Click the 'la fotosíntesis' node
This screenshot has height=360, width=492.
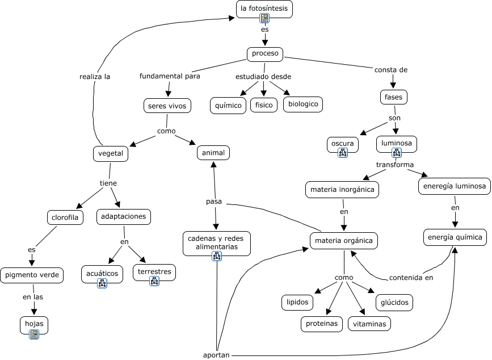264,9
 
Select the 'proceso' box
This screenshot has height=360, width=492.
265,54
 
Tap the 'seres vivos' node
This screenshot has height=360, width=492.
167,106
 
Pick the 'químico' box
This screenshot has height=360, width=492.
228,105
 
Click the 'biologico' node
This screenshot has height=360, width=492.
303,104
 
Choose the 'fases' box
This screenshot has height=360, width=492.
393,97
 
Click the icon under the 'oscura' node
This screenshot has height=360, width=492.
342,152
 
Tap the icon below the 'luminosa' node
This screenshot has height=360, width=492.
397,152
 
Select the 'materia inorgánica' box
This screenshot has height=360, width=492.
343,190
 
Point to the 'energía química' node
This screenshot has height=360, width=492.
455,237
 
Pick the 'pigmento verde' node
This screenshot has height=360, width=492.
32,275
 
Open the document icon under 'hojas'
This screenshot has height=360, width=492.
34,334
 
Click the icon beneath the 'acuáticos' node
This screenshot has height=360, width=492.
102,283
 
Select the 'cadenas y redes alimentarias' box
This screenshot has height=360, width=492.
216,242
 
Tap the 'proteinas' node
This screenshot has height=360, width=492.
322,324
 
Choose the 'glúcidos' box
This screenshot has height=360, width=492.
394,303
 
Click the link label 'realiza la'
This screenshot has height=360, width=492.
95,76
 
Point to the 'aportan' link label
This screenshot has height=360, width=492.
216,355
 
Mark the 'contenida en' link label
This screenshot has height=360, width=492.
411,278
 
